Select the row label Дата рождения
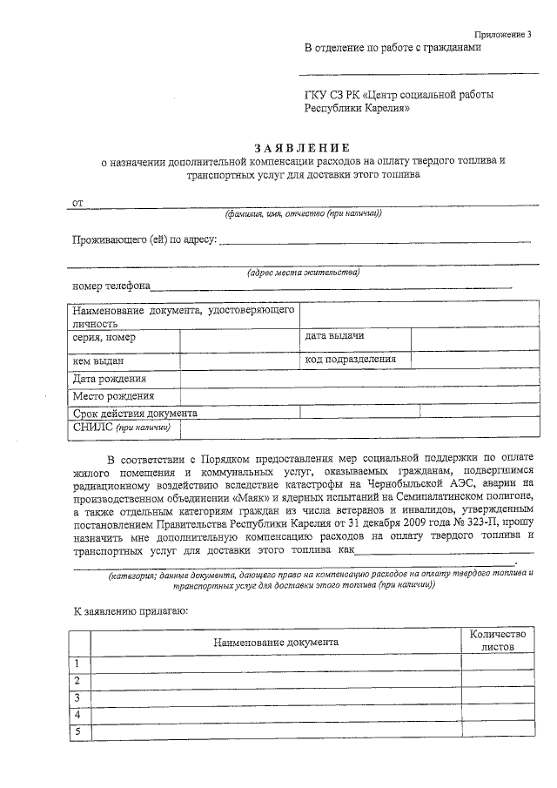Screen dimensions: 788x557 tap(110, 380)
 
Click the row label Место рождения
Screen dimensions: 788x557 tap(113, 396)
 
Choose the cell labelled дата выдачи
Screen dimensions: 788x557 tap(334, 336)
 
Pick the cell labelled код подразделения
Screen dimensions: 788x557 tap(350, 359)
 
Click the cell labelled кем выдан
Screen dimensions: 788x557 tap(98, 360)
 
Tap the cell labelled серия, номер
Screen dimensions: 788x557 tap(104, 338)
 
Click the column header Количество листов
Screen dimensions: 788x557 tap(493, 642)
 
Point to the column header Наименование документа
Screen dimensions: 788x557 tap(276, 642)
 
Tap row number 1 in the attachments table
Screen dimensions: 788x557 tap(77, 664)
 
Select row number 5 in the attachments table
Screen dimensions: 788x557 tap(77, 731)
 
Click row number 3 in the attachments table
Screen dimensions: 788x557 tap(77, 697)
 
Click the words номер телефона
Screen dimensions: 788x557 tap(111, 286)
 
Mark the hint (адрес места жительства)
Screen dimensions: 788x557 tap(303, 273)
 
